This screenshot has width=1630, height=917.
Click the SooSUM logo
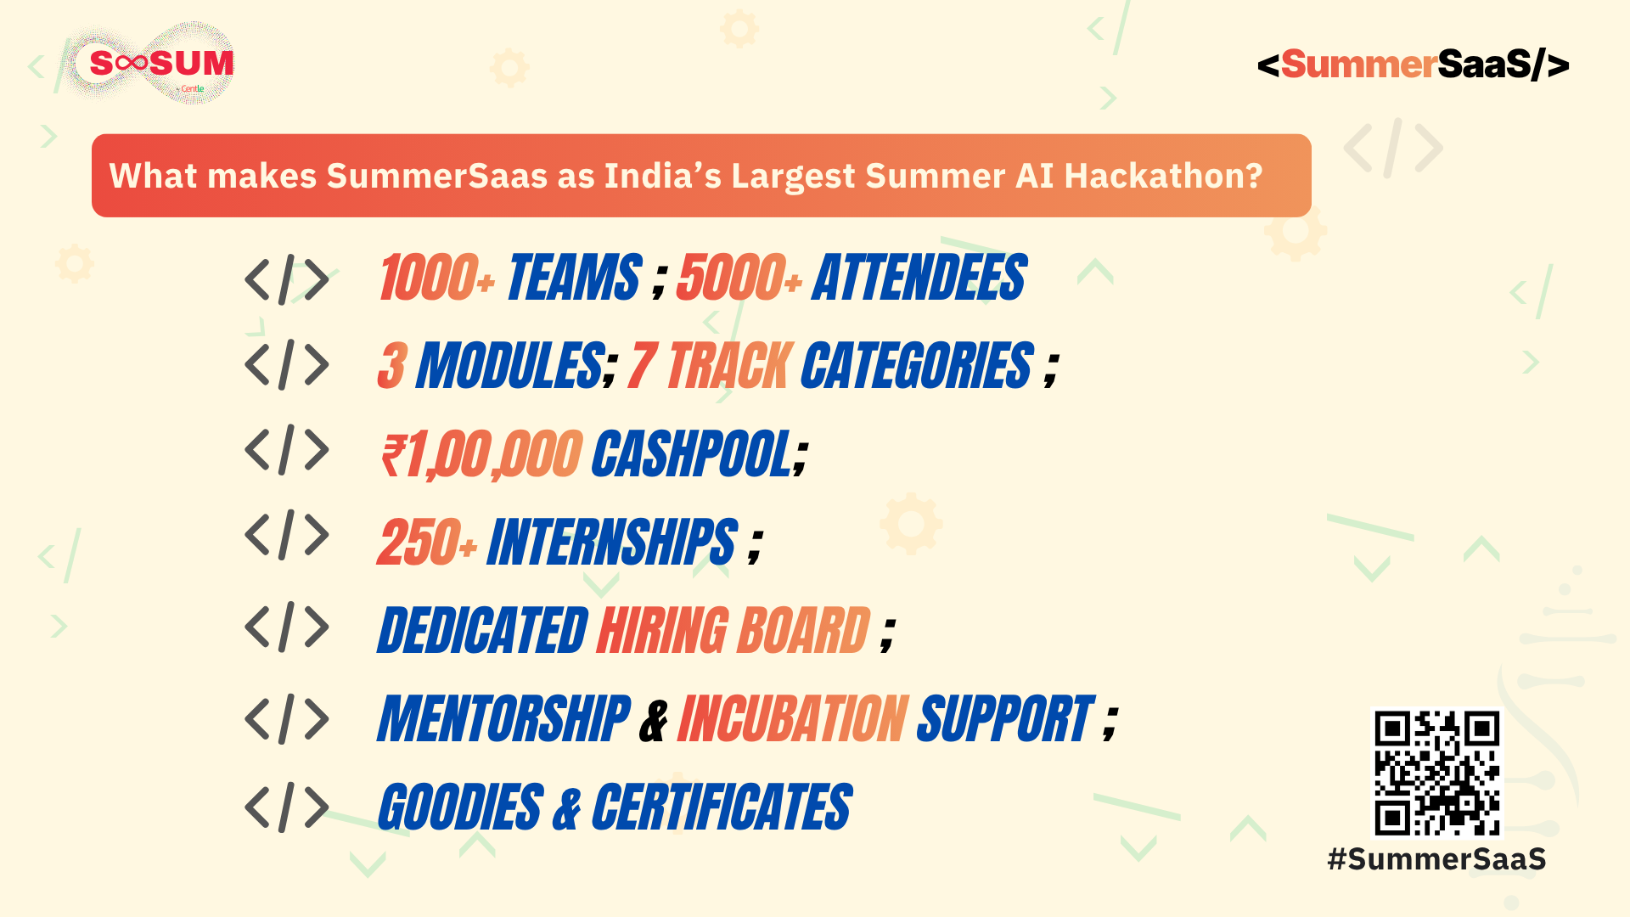(x=150, y=63)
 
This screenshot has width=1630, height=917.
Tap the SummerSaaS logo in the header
(x=1413, y=65)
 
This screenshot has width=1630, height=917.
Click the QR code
(x=1436, y=773)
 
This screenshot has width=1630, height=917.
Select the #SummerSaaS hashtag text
(x=1436, y=859)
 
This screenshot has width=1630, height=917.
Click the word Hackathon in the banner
(x=1163, y=176)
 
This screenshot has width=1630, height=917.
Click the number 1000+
(x=437, y=278)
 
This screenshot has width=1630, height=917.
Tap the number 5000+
(x=739, y=278)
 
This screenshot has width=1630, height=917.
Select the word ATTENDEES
(x=919, y=278)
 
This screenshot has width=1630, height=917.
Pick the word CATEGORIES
(x=917, y=366)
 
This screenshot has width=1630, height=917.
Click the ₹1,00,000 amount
(x=481, y=454)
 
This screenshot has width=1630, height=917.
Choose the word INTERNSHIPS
(x=612, y=542)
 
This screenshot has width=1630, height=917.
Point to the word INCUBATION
(x=793, y=719)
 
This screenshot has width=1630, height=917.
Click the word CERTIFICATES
(x=722, y=807)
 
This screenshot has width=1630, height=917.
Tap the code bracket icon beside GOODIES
(x=287, y=807)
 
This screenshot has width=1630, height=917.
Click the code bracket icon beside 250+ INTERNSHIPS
(x=287, y=535)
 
